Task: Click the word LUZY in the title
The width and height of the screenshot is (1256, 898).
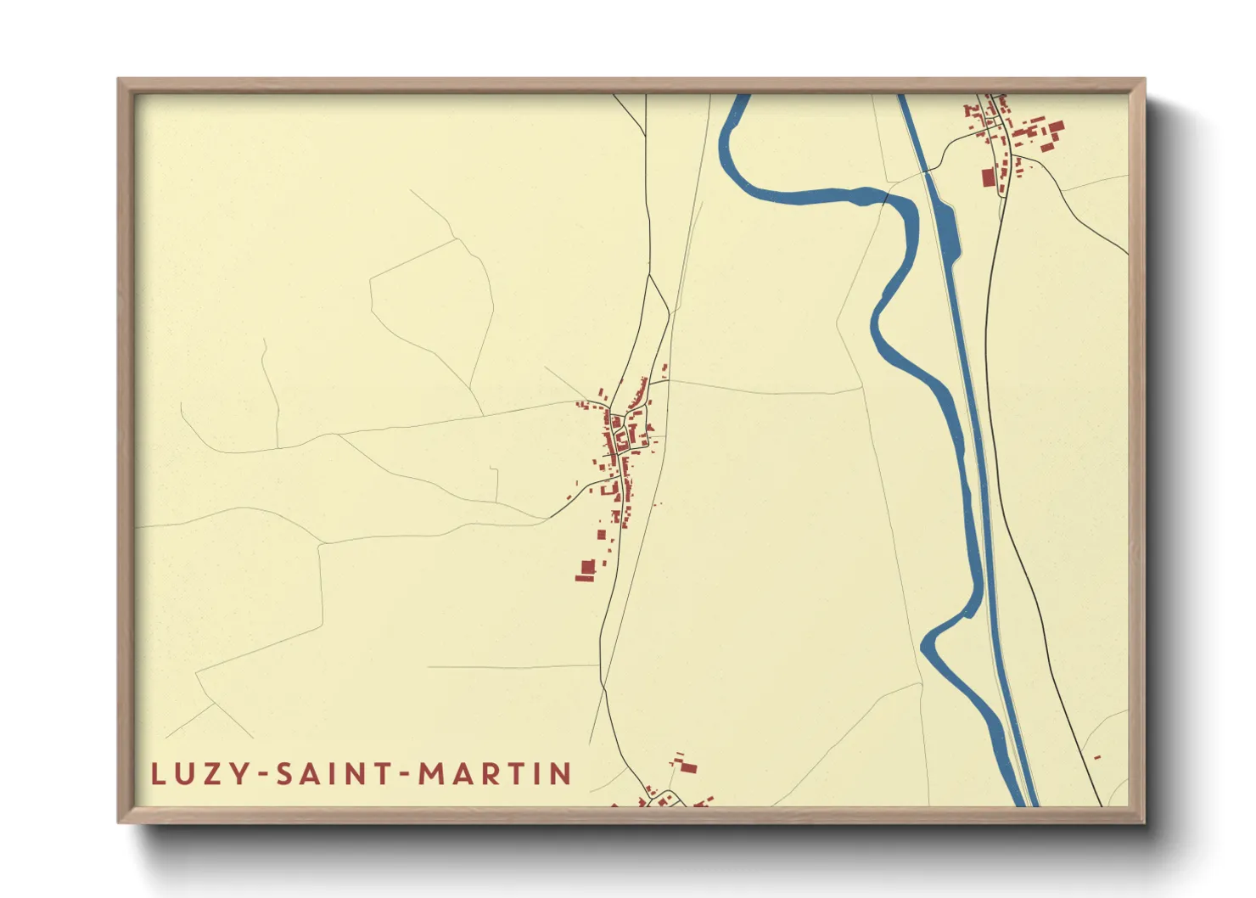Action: click(200, 774)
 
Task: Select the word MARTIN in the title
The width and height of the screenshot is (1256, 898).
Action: click(496, 774)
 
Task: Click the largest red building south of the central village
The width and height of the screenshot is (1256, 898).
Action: click(586, 566)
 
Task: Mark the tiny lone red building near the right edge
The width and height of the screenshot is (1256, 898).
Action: click(1097, 756)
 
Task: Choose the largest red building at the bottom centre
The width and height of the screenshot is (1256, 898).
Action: click(688, 768)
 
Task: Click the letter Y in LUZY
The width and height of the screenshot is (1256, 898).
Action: click(241, 774)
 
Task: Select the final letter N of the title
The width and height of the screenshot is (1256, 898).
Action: click(561, 774)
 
